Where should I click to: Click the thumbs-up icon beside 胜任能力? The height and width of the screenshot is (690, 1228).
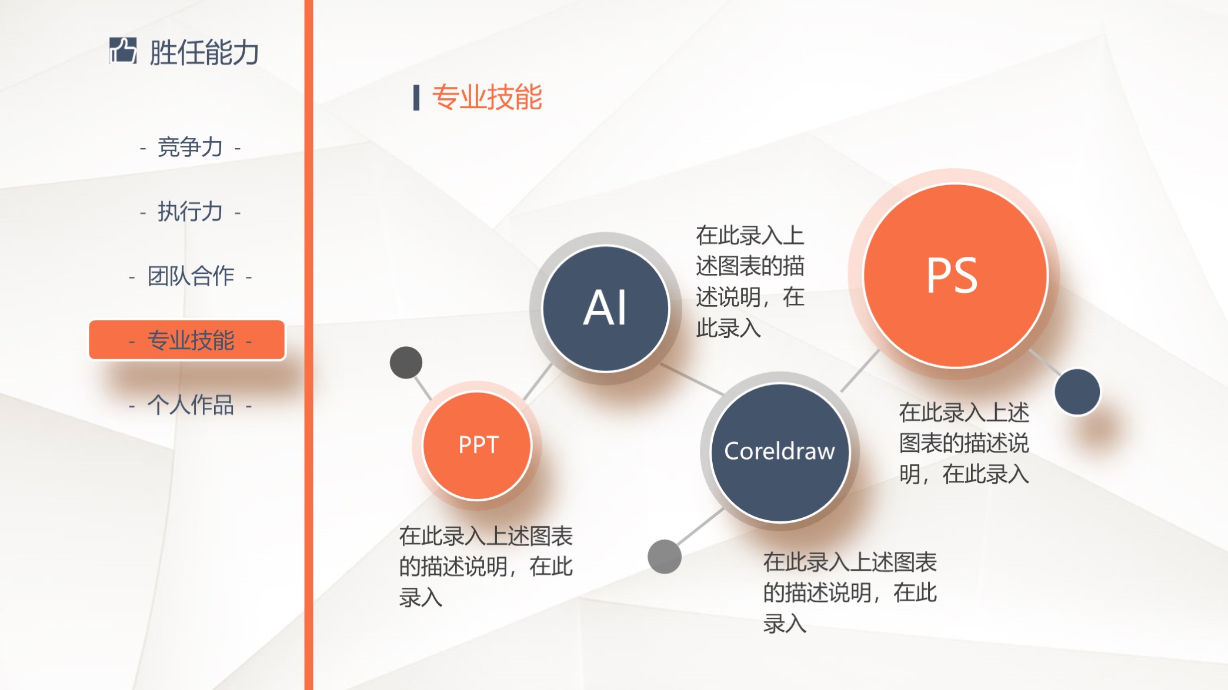coord(123,51)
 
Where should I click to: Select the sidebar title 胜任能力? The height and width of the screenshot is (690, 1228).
coord(203,53)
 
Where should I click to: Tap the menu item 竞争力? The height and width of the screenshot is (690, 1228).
coord(190,147)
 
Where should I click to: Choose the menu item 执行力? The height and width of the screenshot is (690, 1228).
coord(190,212)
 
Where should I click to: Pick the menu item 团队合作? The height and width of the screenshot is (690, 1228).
coord(191,276)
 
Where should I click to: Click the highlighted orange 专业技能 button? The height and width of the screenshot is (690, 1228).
coord(187,340)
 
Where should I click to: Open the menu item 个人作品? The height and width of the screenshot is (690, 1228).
coord(191,405)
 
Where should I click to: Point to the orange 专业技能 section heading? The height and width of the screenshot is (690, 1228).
coord(487,98)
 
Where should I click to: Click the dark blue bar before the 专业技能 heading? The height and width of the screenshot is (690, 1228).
coord(416,98)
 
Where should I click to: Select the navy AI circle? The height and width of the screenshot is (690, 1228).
coord(605,309)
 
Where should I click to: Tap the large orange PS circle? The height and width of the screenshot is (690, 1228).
coord(955,276)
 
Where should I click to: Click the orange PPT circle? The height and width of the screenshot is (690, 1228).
coord(478,446)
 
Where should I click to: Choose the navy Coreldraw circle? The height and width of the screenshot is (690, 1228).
coord(780,452)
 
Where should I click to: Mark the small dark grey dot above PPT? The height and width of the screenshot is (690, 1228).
coord(406,363)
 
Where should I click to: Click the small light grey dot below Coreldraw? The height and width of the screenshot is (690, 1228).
coord(664,556)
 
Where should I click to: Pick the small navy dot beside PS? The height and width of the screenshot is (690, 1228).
coord(1077,392)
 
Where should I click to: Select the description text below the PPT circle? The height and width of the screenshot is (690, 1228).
coord(486,567)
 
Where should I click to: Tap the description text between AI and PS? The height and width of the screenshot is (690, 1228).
coord(750,282)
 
